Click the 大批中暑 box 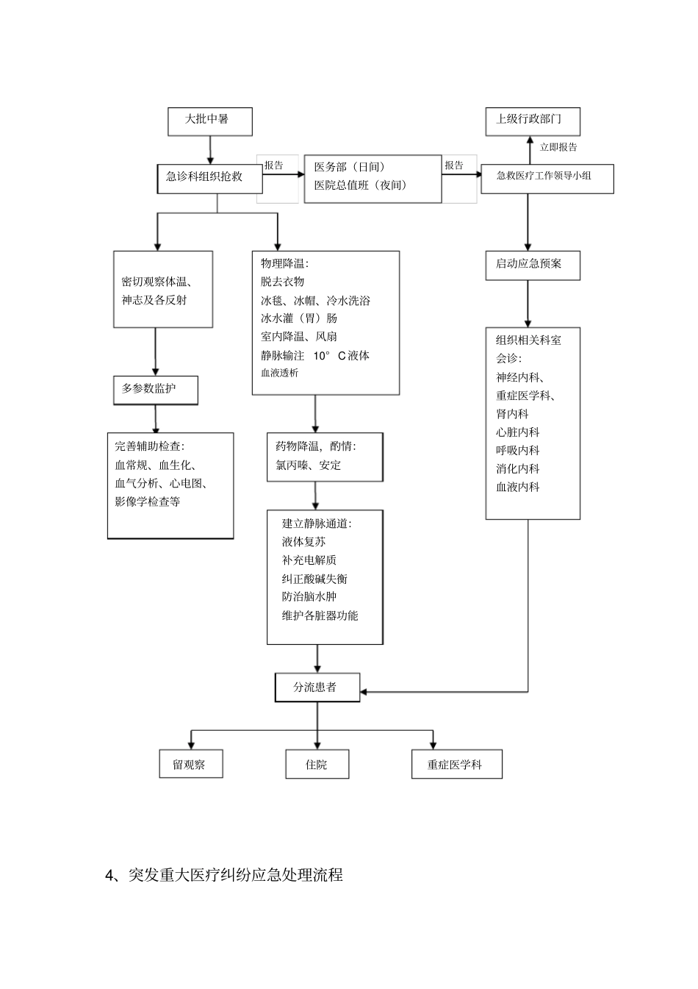point(209,121)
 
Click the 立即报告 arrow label point(558,147)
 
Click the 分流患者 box point(317,688)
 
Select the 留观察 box point(190,765)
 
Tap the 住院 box point(317,765)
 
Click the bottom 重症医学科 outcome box point(456,765)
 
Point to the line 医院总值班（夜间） point(360,185)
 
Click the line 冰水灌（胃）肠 point(299,318)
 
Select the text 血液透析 point(280,373)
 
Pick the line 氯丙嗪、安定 point(308,465)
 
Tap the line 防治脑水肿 point(309,597)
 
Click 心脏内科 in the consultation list point(517,432)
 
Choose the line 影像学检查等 point(148,502)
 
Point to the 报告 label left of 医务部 point(273,166)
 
